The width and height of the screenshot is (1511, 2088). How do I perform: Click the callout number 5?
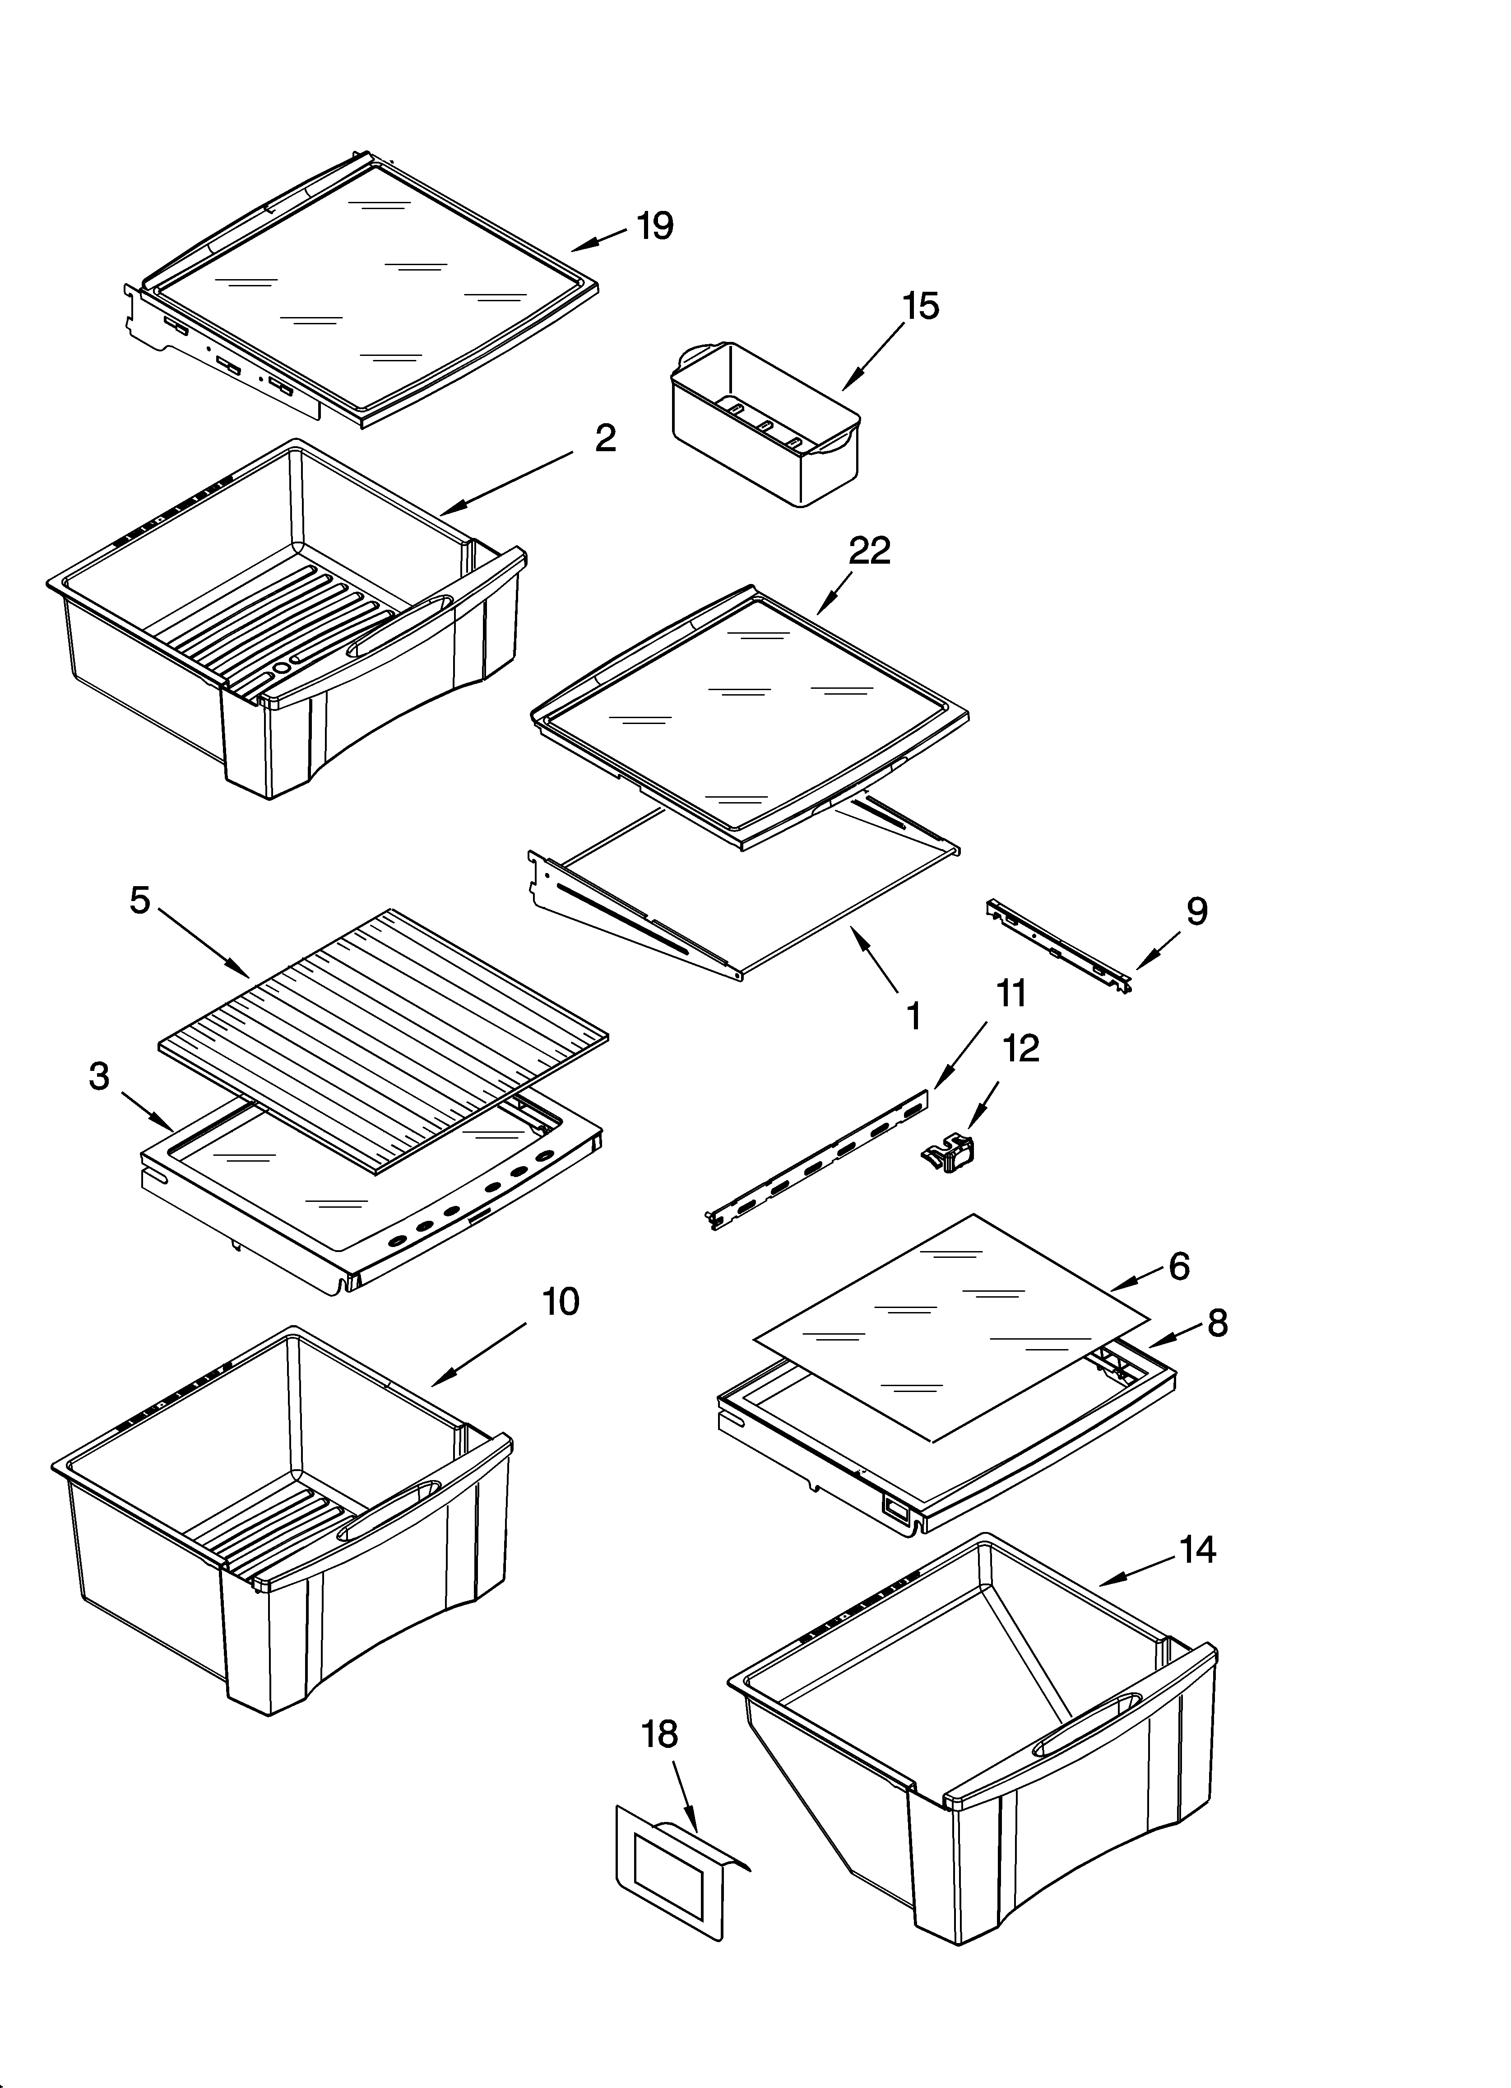(x=139, y=901)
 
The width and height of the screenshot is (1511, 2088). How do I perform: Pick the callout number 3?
(x=99, y=1075)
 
